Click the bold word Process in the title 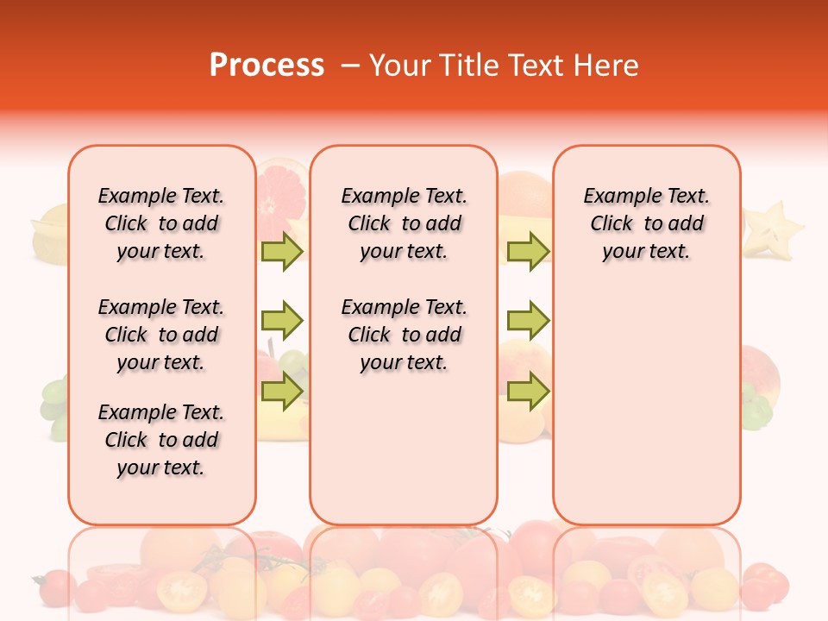click(267, 66)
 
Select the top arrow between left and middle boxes click(282, 251)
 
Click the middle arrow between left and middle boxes click(282, 322)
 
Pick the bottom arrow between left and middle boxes click(282, 392)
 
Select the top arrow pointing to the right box click(528, 251)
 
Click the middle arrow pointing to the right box click(528, 322)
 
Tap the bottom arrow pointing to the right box click(528, 392)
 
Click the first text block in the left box click(161, 223)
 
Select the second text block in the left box click(161, 335)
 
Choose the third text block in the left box click(161, 440)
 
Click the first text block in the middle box click(404, 223)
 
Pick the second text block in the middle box click(404, 335)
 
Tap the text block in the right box click(646, 223)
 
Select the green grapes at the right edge click(756, 408)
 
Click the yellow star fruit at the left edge click(50, 233)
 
